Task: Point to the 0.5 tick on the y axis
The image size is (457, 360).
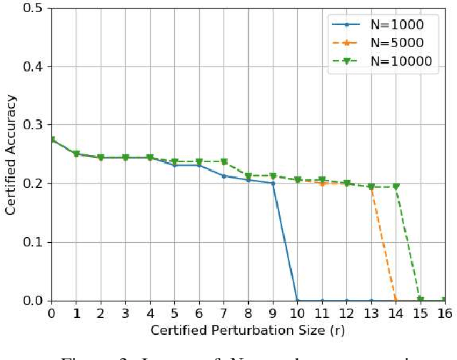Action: [x=33, y=9]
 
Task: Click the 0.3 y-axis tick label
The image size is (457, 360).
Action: [x=33, y=126]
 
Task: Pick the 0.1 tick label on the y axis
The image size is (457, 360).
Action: [x=33, y=242]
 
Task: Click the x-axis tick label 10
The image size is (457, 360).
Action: [x=297, y=313]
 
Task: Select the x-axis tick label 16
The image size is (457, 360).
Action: [x=445, y=313]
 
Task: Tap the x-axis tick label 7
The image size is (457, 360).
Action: [x=224, y=313]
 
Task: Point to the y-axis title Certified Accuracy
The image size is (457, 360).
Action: [x=11, y=155]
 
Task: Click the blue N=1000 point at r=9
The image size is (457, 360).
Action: [x=273, y=184]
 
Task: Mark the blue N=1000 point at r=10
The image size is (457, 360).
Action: [x=297, y=300]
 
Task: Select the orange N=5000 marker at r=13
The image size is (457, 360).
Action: [x=371, y=187]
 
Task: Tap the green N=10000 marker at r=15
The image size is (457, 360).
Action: [x=421, y=300]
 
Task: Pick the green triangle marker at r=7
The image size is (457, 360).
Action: [x=224, y=162]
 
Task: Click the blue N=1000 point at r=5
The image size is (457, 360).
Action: [x=174, y=166]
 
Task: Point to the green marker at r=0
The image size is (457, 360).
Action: [x=51, y=141]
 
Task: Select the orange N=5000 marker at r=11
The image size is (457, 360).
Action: [x=322, y=184]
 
